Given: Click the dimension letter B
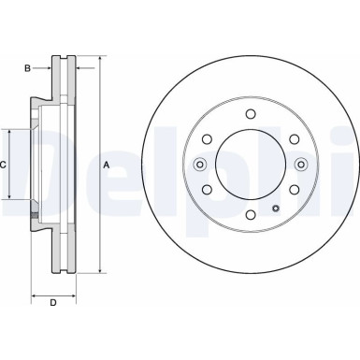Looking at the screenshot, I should click(29, 66).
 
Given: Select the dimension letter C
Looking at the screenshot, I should click(5, 165).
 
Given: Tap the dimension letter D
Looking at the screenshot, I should click(52, 302).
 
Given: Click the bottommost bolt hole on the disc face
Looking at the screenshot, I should click(250, 216).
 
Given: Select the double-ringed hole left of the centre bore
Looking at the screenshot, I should click(199, 166).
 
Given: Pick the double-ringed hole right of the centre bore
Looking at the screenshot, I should click(300, 166).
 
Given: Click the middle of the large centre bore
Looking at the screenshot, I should click(250, 166).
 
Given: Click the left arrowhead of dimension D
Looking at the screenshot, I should click(35, 295).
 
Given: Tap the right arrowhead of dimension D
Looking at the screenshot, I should click(71, 295).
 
